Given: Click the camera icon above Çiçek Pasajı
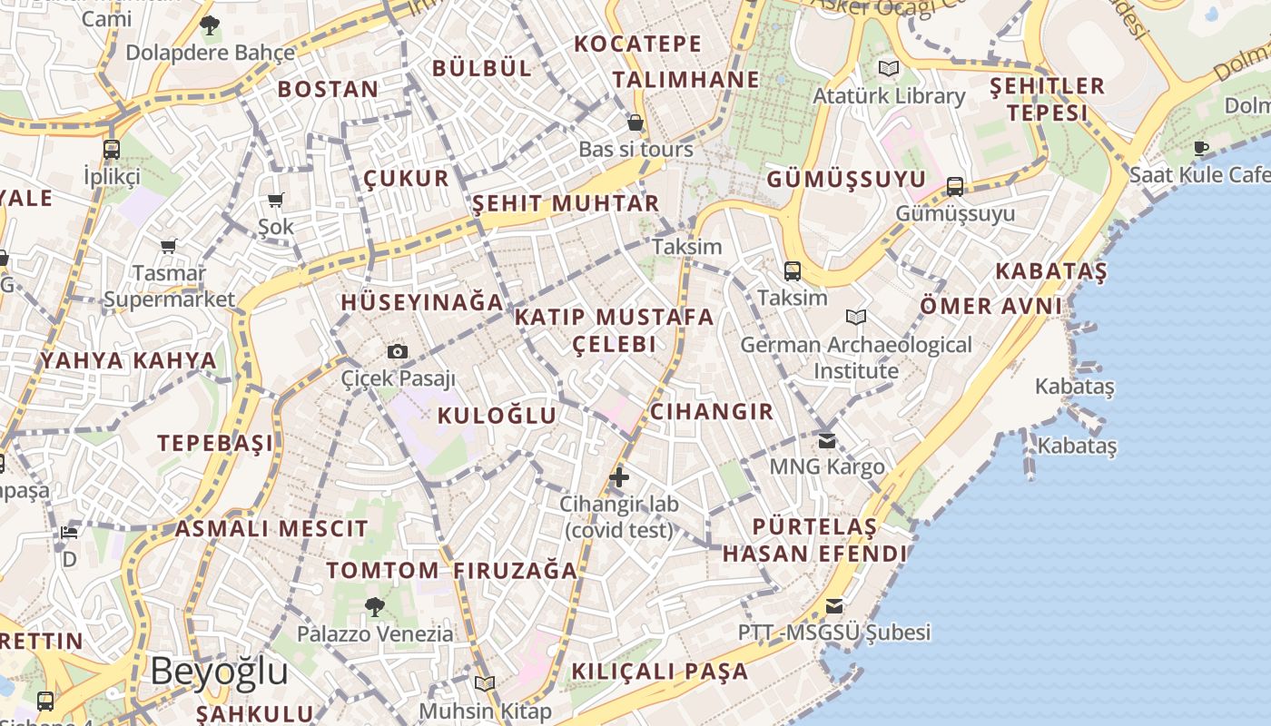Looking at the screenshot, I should click(x=397, y=351).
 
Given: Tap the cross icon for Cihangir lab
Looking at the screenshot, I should click(x=619, y=476).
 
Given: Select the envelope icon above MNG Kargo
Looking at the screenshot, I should click(x=827, y=441).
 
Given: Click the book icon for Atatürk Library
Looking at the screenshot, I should click(x=889, y=68).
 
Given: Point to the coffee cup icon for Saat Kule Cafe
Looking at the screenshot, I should click(x=1202, y=147).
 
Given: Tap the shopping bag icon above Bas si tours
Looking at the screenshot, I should click(x=635, y=122).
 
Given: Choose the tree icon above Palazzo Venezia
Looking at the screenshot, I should click(x=374, y=606).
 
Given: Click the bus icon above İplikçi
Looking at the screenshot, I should click(x=112, y=150).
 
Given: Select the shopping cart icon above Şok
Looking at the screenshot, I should click(x=276, y=200).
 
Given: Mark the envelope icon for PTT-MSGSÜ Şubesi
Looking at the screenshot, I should click(x=833, y=606).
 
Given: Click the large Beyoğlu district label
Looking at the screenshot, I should click(x=219, y=672).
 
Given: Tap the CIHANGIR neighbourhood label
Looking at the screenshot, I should click(x=712, y=411).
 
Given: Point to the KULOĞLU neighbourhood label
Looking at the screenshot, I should click(x=497, y=416).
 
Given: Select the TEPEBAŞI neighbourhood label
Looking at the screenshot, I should click(x=215, y=443).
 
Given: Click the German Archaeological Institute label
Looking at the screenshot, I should click(x=855, y=358).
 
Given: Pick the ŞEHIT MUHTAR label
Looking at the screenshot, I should click(x=566, y=203).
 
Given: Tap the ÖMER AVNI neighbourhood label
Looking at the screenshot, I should click(x=990, y=306).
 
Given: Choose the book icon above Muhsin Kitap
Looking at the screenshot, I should click(x=485, y=683).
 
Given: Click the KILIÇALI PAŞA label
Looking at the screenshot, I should click(x=660, y=672).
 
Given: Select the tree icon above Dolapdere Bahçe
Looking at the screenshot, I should click(x=210, y=25).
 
